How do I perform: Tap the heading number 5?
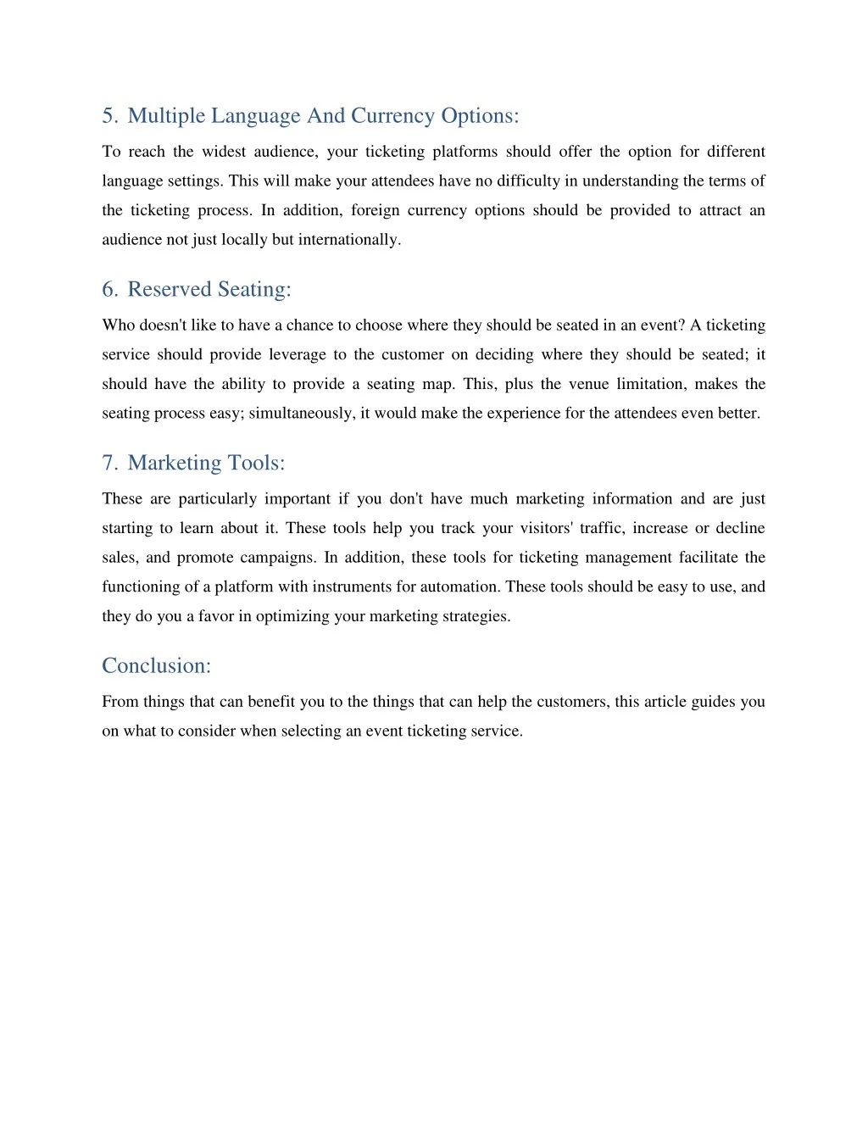click(x=108, y=116)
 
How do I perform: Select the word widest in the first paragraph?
click(x=224, y=152)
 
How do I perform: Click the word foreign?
click(x=375, y=210)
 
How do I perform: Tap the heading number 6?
click(x=108, y=290)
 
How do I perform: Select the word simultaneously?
click(x=301, y=414)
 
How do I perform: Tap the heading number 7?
click(x=108, y=464)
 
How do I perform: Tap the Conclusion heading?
click(x=156, y=666)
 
